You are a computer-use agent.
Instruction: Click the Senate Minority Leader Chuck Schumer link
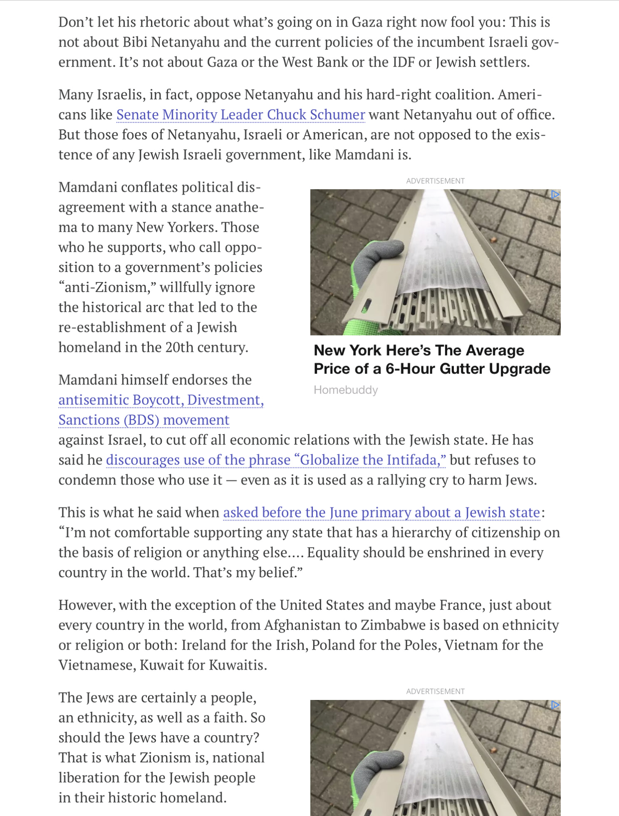[240, 114]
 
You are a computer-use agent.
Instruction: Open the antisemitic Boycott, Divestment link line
[161, 400]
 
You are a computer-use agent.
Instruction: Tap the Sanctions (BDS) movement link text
[144, 420]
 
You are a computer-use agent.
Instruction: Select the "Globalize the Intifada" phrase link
[276, 460]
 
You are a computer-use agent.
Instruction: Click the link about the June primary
[381, 512]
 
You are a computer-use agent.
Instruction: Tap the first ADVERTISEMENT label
[435, 181]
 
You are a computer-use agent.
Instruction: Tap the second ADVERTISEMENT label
[435, 691]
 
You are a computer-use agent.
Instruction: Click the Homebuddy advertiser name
[346, 390]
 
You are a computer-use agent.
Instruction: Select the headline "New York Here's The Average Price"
[432, 359]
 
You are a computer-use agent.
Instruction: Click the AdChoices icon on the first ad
[555, 195]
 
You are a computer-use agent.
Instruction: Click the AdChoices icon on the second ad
[555, 705]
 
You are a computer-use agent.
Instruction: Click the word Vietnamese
[97, 665]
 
